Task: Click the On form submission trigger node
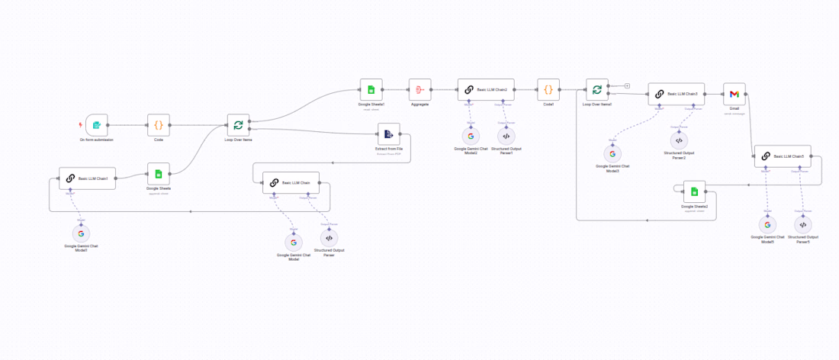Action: [x=97, y=124]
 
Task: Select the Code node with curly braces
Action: [x=159, y=124]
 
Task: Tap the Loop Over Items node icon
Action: [x=238, y=124]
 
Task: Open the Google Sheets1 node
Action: [x=371, y=89]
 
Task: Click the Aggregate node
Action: [x=419, y=89]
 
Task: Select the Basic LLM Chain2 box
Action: [x=486, y=89]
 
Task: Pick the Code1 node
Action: [x=548, y=89]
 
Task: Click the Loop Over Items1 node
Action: [x=597, y=89]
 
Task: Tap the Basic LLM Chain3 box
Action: [x=677, y=94]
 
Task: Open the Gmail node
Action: [x=734, y=94]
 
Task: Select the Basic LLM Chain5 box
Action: [x=783, y=156]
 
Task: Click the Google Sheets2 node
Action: [x=694, y=191]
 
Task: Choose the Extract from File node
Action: [x=388, y=134]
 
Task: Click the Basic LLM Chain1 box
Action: [x=87, y=178]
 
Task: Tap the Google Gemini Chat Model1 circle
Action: [x=81, y=233]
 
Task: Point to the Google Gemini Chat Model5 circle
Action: [x=767, y=225]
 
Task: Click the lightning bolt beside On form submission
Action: [x=81, y=124]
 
